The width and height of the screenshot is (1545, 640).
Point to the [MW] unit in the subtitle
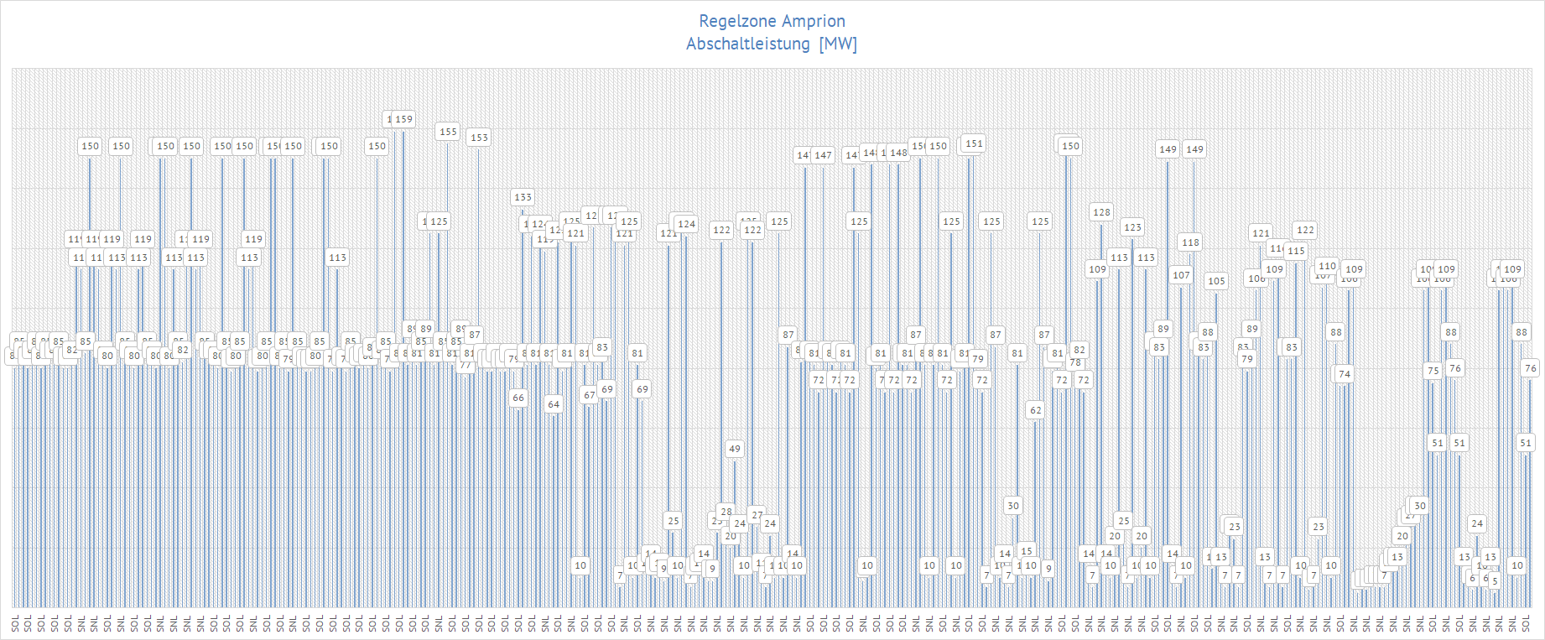click(x=838, y=44)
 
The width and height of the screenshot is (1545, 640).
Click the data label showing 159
click(x=403, y=119)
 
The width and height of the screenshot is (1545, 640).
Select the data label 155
click(x=449, y=132)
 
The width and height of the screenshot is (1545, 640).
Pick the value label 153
click(x=479, y=138)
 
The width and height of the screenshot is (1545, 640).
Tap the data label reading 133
click(x=523, y=197)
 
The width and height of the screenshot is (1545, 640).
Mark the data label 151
click(x=974, y=143)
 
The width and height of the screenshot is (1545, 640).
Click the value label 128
click(x=1101, y=212)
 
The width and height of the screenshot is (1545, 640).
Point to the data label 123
click(x=1132, y=227)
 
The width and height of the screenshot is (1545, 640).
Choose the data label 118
click(x=1190, y=242)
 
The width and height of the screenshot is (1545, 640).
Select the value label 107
click(x=1181, y=275)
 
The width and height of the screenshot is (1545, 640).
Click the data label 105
click(x=1216, y=281)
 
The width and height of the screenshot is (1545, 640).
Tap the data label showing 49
click(x=735, y=449)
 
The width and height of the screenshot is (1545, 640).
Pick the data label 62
click(x=1036, y=410)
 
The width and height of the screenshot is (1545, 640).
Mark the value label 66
click(x=518, y=398)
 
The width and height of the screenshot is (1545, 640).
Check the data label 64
click(x=554, y=404)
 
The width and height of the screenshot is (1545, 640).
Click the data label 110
click(x=1327, y=266)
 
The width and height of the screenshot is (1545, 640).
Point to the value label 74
click(x=1345, y=374)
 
